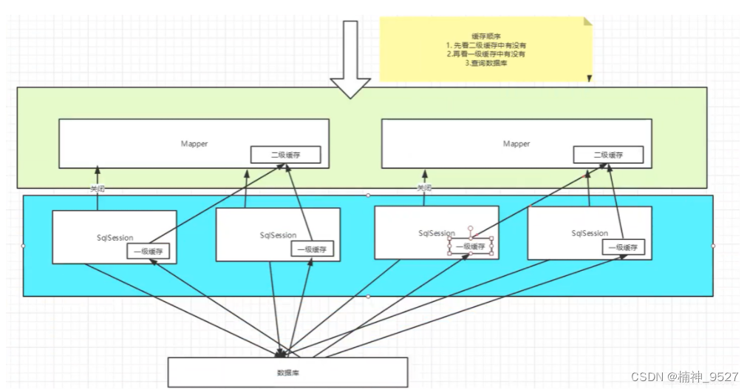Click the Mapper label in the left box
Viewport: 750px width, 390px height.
[x=194, y=144]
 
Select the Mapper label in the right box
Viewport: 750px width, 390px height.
[x=516, y=144]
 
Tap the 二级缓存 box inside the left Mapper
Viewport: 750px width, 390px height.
[x=285, y=155]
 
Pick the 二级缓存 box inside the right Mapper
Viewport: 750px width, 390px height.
[x=607, y=155]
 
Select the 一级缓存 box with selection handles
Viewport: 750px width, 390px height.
[x=471, y=246]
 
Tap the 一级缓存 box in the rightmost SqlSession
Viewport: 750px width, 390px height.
[x=623, y=247]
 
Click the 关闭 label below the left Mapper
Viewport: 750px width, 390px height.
[x=97, y=189]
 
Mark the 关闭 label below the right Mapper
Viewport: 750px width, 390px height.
[x=423, y=188]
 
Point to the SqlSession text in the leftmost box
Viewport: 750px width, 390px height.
[x=115, y=238]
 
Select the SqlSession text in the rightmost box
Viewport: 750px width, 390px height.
[x=590, y=233]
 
